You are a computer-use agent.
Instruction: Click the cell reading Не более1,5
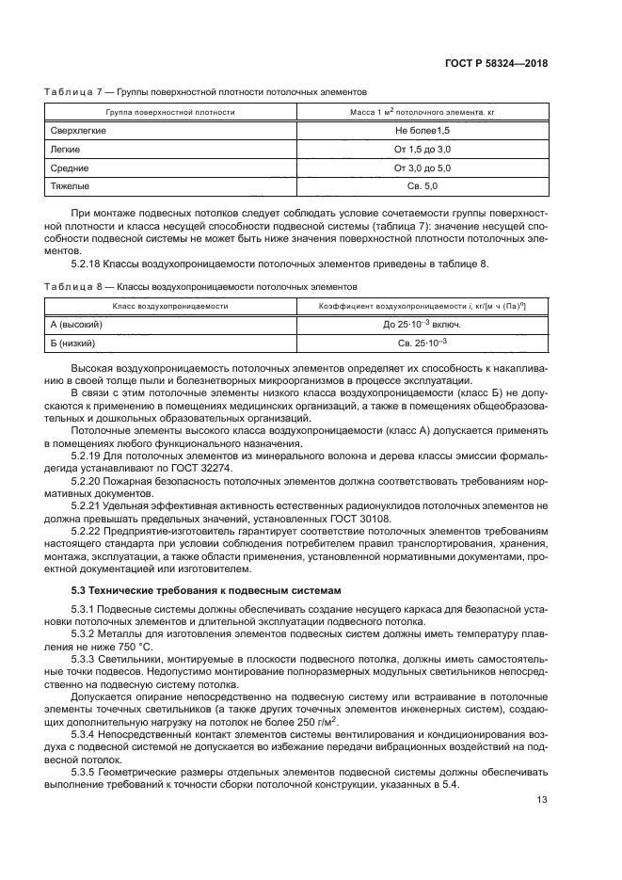423,129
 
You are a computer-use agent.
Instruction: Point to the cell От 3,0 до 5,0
423,168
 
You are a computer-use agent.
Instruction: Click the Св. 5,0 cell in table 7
423,186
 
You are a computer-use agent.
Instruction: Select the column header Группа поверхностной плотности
170,111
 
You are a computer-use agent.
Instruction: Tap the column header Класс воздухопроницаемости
170,306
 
